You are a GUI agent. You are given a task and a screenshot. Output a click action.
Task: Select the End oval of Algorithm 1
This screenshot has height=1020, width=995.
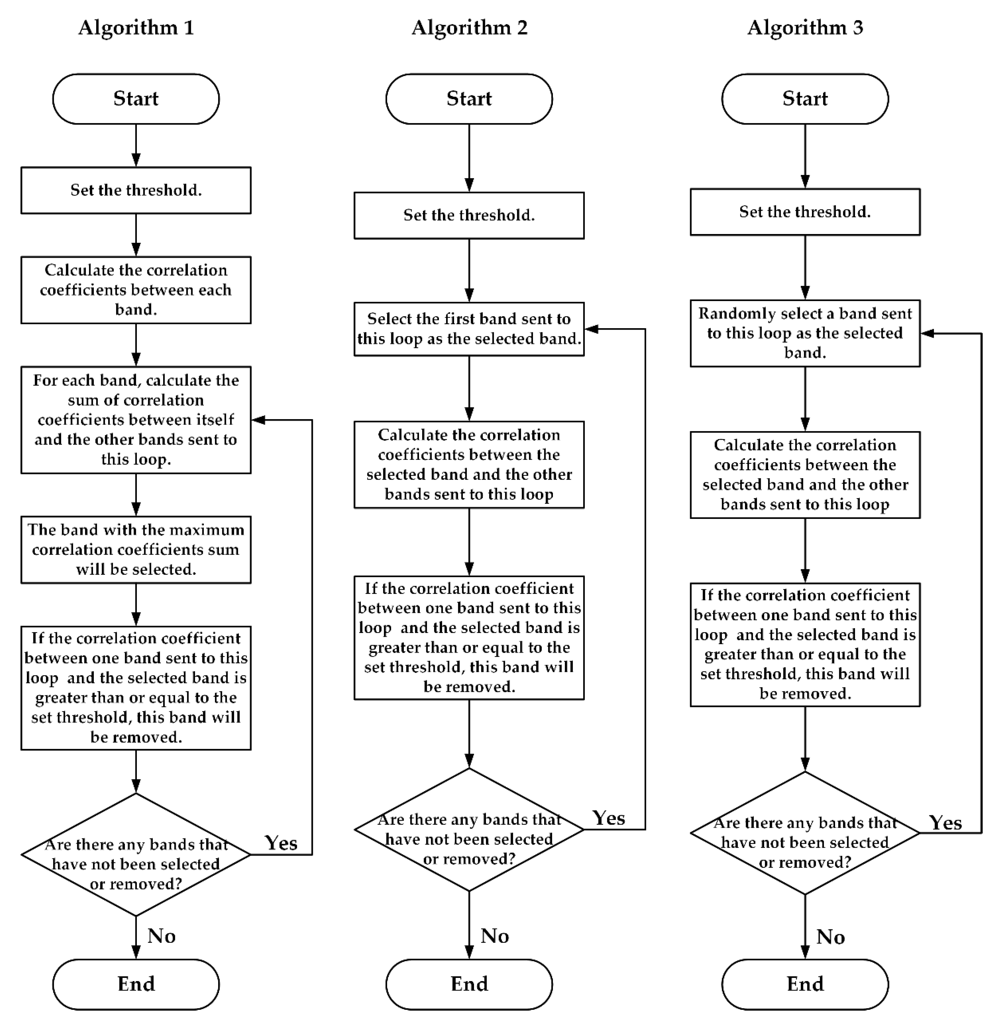[136, 984]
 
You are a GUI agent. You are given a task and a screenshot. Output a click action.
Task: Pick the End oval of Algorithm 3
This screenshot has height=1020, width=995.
[805, 984]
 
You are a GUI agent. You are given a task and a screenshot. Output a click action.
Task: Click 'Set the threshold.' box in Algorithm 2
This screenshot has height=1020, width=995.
[469, 215]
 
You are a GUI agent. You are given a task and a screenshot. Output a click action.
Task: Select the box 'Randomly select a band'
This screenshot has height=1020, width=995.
[805, 333]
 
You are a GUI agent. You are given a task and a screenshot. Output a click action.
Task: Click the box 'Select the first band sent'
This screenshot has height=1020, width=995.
[469, 329]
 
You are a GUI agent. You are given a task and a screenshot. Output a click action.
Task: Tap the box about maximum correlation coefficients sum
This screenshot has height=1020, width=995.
[136, 549]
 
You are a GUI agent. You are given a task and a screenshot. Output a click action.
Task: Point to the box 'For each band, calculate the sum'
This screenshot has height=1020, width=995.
[136, 420]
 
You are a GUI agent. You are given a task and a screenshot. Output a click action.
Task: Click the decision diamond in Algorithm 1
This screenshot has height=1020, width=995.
[136, 854]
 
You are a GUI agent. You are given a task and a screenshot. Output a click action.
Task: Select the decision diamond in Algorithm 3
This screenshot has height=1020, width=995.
[805, 833]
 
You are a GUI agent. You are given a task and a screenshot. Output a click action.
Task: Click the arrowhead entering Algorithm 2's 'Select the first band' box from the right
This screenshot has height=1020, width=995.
[591, 329]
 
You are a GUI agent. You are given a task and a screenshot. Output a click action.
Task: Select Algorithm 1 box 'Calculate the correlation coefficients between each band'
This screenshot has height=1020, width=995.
[136, 290]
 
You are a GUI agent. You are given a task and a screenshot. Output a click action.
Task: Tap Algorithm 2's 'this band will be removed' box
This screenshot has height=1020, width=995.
[469, 638]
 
